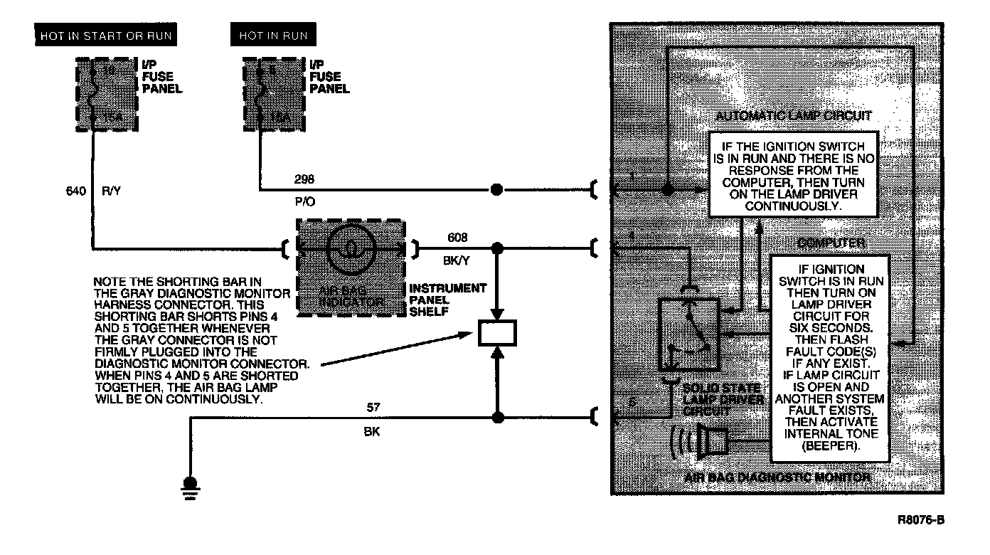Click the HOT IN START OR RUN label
point(106,36)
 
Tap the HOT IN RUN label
point(273,36)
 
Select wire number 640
point(74,190)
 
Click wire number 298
point(304,179)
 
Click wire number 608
point(458,238)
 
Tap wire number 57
point(373,408)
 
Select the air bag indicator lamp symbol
point(351,249)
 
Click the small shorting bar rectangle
point(497,334)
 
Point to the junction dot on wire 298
point(497,190)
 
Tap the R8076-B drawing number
point(921,520)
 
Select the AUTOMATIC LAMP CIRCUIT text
point(794,116)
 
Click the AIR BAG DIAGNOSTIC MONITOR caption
point(777,477)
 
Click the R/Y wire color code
point(112,190)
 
